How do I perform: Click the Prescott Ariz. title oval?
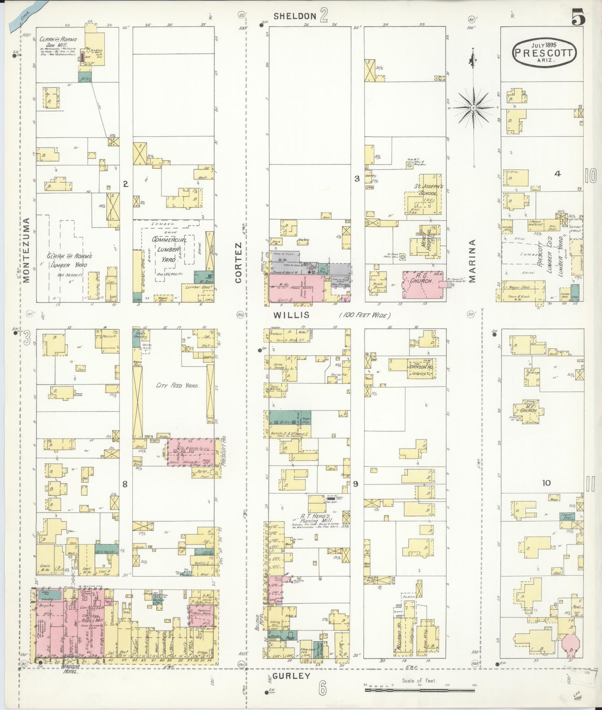(x=543, y=53)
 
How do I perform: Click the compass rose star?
(x=473, y=107)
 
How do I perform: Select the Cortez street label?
(x=238, y=262)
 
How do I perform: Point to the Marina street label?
(x=472, y=261)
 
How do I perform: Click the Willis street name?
(x=292, y=315)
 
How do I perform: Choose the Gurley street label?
(x=292, y=676)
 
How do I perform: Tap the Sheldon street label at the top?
(x=295, y=16)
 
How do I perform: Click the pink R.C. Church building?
(x=422, y=285)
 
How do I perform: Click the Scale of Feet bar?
(x=419, y=690)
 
